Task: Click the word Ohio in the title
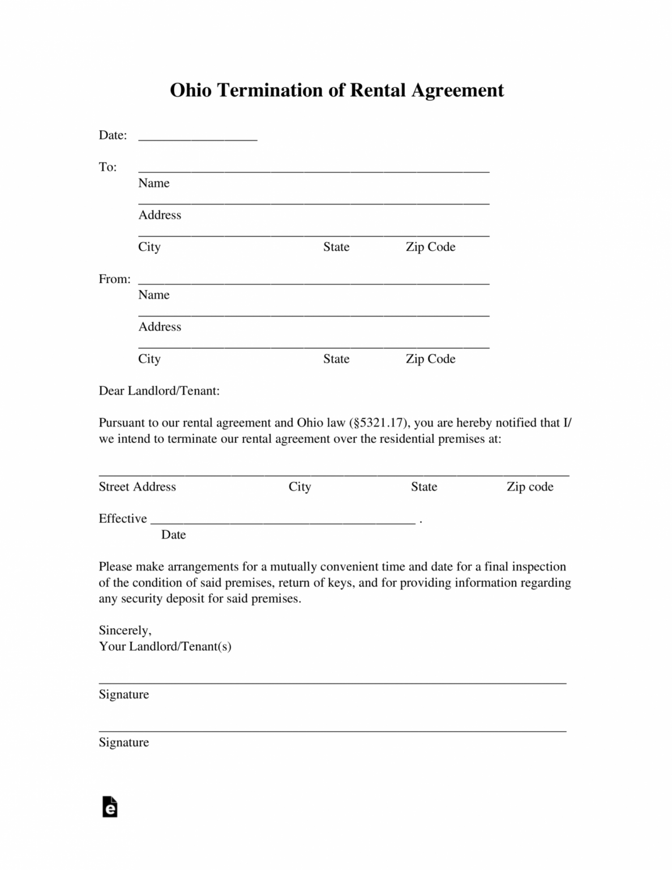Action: (x=190, y=91)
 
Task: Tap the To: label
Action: (x=108, y=167)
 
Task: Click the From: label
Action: (x=114, y=279)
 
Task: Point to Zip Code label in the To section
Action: (x=430, y=247)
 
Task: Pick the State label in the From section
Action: (x=336, y=359)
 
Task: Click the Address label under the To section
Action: (x=160, y=215)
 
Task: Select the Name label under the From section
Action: (x=153, y=295)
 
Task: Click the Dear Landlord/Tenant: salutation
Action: (x=159, y=391)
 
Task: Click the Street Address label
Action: (x=137, y=487)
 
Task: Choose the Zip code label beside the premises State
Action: (x=529, y=487)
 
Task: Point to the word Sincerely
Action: (x=125, y=630)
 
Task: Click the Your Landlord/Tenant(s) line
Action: (x=165, y=647)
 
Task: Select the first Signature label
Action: (x=123, y=695)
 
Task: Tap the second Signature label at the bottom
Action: (x=123, y=743)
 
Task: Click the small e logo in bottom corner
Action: (x=110, y=807)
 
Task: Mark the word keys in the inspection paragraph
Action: (x=340, y=583)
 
